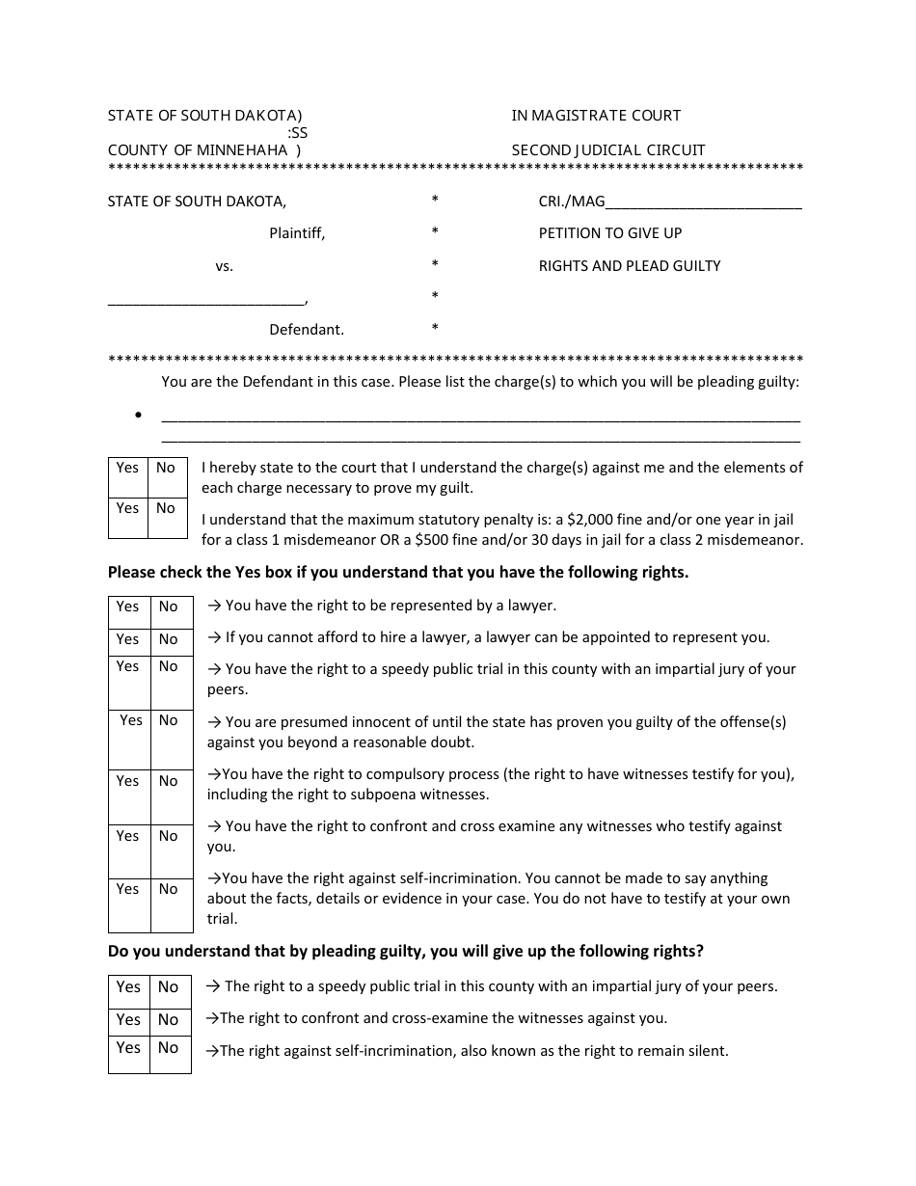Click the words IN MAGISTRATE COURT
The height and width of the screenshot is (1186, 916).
[x=596, y=116]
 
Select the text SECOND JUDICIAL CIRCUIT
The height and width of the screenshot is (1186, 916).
[x=608, y=150]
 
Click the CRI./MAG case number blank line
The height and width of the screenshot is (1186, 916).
[x=704, y=203]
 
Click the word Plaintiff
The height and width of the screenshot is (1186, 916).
[x=297, y=233]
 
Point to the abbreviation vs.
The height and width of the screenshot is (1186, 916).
[x=224, y=266]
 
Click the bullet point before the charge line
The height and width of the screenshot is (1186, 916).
[x=139, y=416]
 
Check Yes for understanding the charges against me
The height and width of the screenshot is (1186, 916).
[x=127, y=468]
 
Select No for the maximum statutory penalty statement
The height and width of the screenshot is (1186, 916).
[x=166, y=508]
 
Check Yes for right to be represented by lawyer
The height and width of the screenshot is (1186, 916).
[x=127, y=606]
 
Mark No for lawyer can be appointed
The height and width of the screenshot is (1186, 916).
[x=169, y=639]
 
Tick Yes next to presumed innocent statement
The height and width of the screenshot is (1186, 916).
[x=130, y=720]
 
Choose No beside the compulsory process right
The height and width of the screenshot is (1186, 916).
[x=169, y=781]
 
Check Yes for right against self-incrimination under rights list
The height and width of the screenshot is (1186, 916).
[x=127, y=889]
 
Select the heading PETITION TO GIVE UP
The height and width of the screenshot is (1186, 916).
[x=609, y=233]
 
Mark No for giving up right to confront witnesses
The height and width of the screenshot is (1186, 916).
[x=169, y=1019]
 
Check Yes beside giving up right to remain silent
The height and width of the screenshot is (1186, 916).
[x=128, y=1048]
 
